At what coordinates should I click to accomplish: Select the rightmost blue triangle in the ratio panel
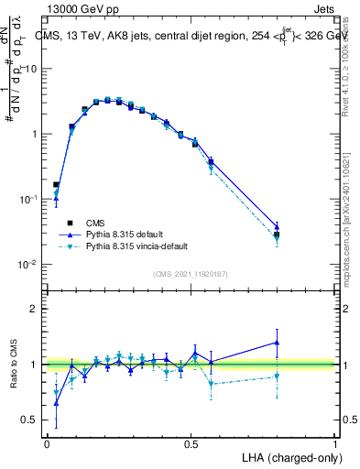277,343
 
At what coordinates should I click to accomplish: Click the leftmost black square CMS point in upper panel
56,184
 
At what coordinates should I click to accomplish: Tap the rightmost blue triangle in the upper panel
277,225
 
